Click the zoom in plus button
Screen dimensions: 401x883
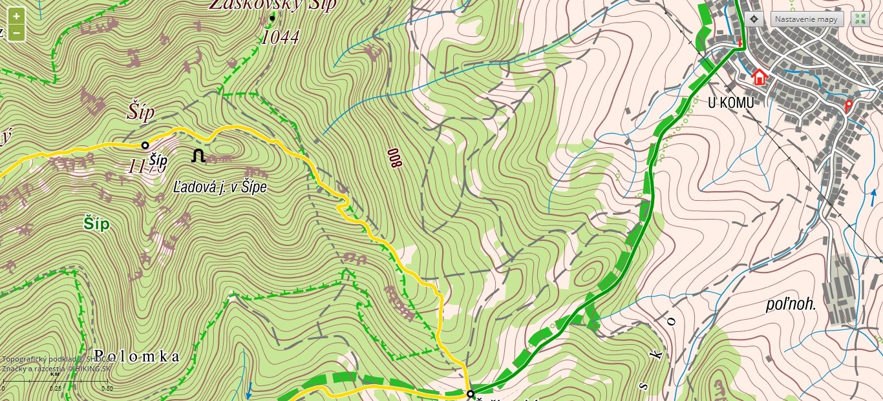pos(16,16)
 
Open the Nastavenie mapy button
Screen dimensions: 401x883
pos(807,19)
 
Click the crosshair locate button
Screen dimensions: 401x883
pos(754,19)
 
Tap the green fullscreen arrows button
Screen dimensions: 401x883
pos(860,19)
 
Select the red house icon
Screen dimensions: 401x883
pos(759,77)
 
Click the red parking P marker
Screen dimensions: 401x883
pos(849,105)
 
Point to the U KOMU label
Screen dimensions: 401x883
pos(730,102)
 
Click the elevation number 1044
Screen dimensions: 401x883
pos(280,38)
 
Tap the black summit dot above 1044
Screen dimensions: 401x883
pos(272,18)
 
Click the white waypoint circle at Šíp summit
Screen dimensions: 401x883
pos(145,145)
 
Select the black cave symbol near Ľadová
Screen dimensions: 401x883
pos(198,156)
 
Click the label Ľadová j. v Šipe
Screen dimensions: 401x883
pos(220,188)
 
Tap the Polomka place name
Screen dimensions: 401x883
pos(136,356)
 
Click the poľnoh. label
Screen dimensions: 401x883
pos(791,305)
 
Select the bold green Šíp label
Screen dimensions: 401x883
pos(96,224)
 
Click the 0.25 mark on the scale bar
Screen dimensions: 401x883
pos(55,388)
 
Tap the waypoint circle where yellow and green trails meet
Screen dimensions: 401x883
pos(470,393)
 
